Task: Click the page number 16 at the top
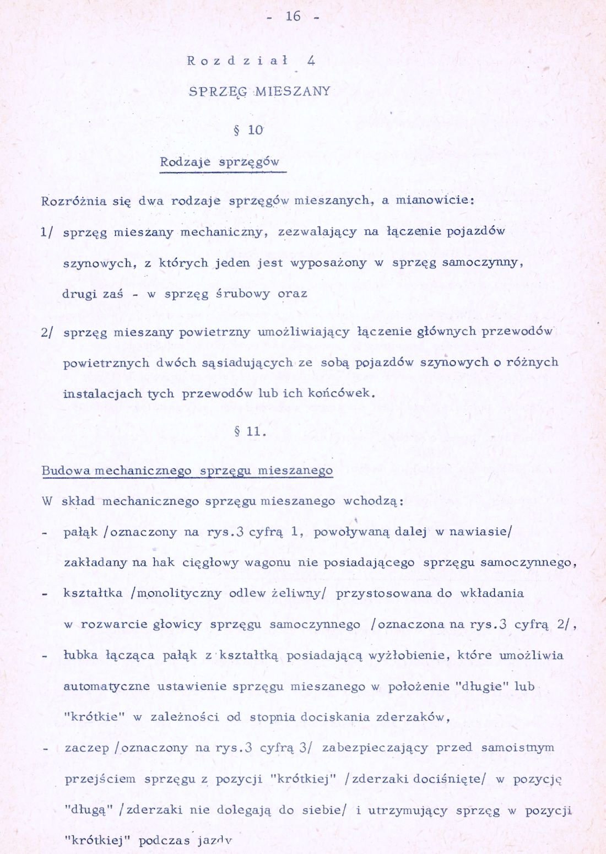click(x=293, y=17)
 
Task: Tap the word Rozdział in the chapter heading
click(x=237, y=61)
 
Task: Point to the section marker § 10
click(x=248, y=131)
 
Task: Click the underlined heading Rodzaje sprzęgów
click(x=219, y=163)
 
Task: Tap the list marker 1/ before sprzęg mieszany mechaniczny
click(x=47, y=232)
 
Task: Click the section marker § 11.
click(x=250, y=431)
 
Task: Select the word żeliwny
click(x=299, y=593)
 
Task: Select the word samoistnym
click(x=518, y=748)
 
